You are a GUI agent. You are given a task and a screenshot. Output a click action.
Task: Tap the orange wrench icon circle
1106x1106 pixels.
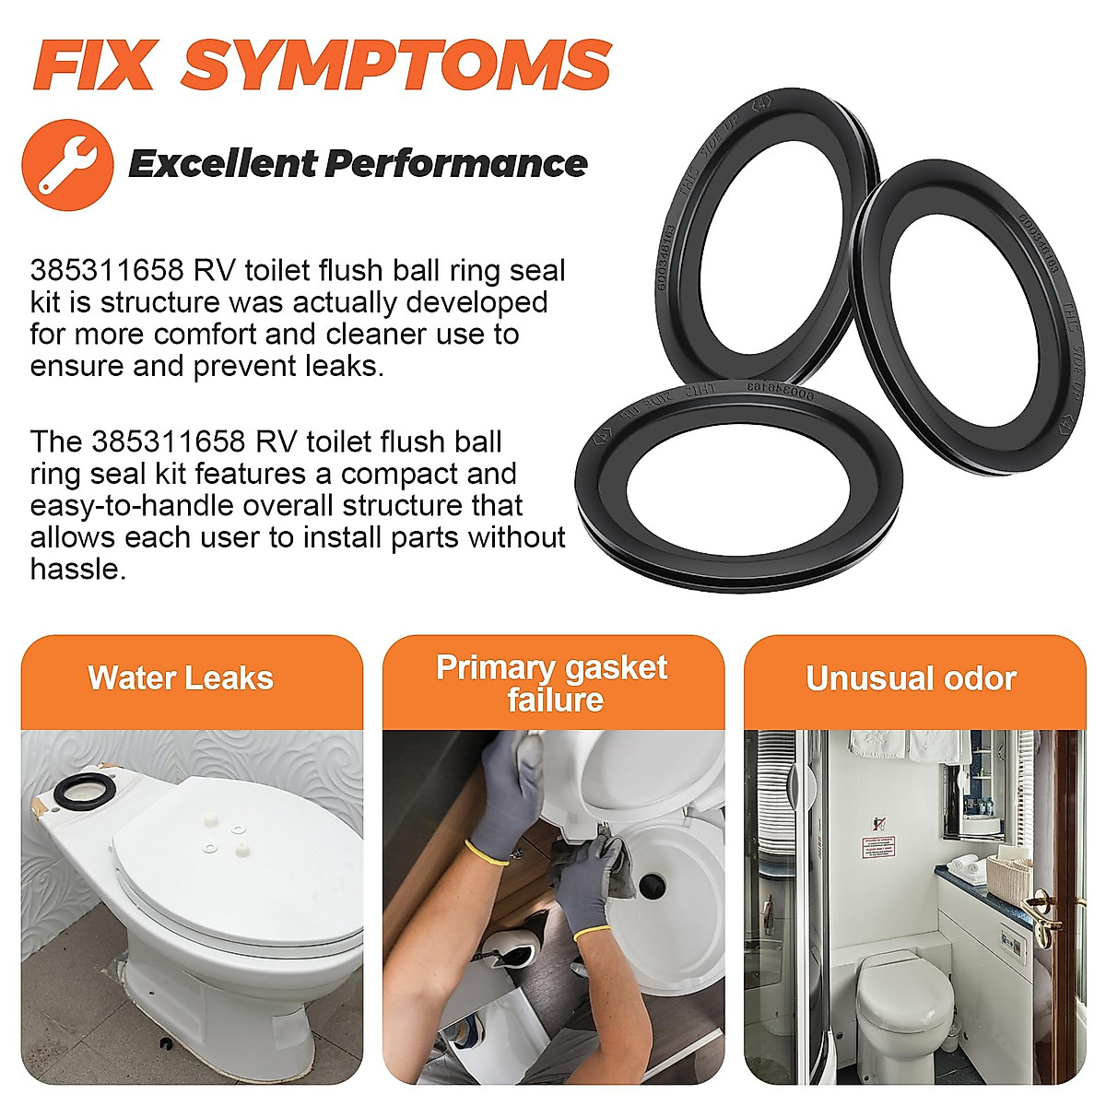pyautogui.click(x=67, y=165)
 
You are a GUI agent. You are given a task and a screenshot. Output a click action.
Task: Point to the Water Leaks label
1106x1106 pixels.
pyautogui.click(x=181, y=678)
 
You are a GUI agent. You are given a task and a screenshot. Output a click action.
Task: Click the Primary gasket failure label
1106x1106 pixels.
pyautogui.click(x=552, y=683)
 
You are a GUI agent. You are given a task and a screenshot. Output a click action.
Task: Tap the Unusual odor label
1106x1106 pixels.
pyautogui.click(x=911, y=678)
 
